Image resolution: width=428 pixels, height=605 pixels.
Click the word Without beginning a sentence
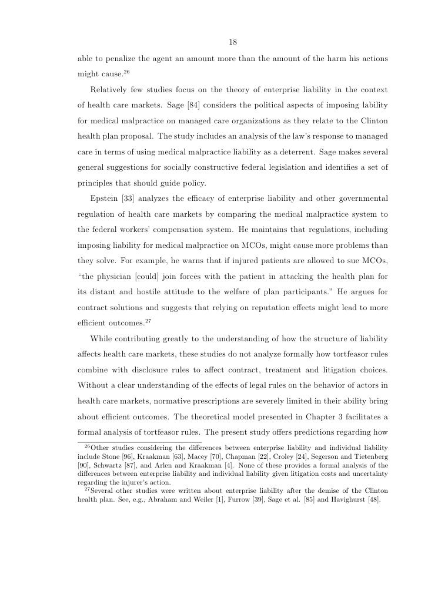(95, 384)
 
